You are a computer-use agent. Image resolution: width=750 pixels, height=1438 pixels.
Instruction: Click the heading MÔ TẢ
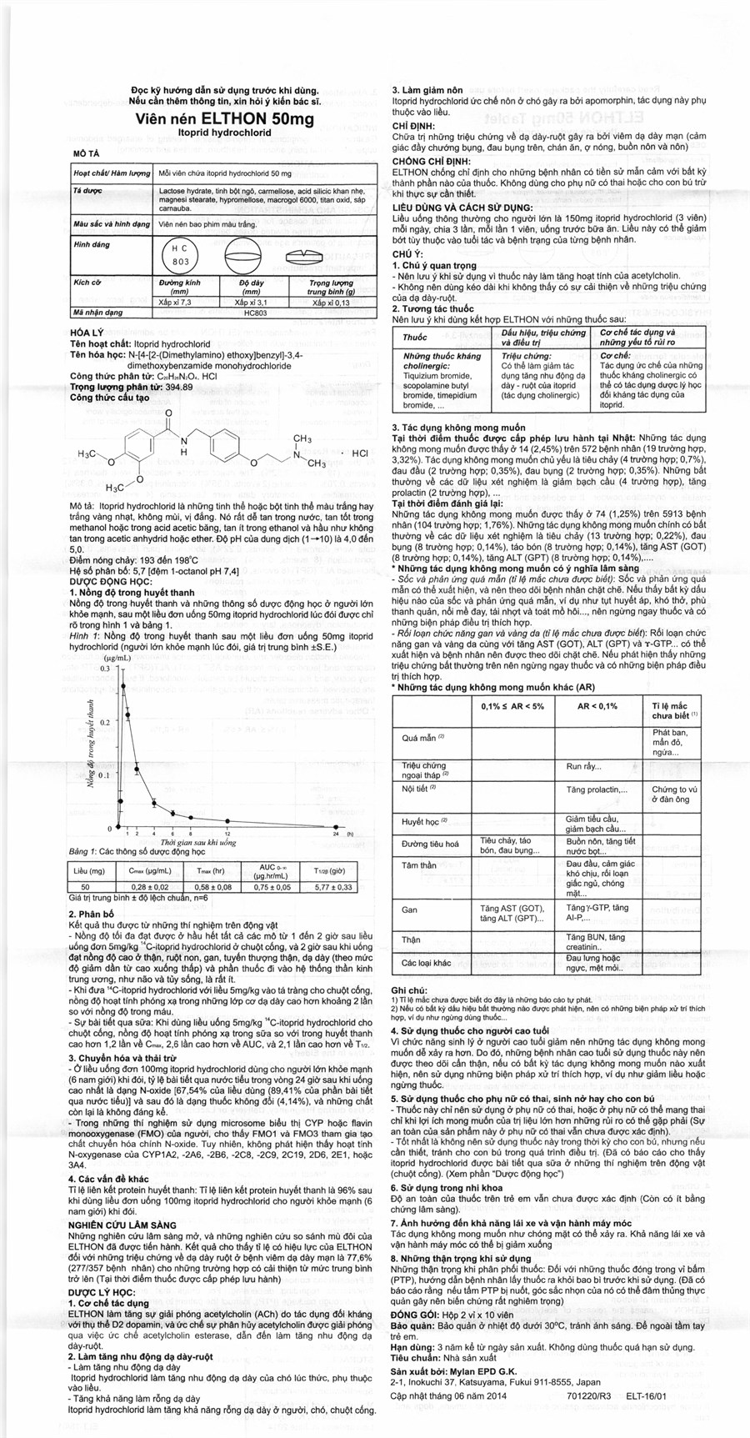point(87,155)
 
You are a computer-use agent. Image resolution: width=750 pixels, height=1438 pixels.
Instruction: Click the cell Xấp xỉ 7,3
point(175,302)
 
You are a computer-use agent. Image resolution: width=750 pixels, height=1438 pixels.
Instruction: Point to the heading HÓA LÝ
point(90,331)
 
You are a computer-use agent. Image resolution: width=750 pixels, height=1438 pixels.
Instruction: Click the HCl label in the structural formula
point(360,453)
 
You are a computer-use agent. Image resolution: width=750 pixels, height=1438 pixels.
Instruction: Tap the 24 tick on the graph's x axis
point(335,834)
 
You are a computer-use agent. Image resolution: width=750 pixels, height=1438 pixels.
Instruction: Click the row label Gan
point(409,909)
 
